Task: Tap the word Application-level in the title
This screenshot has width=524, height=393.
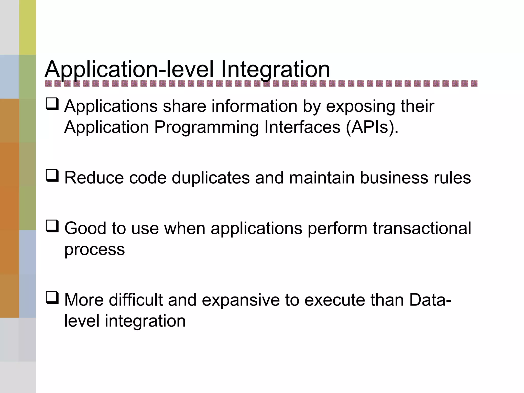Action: pos(129,70)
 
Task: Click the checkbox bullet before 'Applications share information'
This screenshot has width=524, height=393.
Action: pos(52,104)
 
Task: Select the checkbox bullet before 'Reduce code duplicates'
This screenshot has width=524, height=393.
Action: pos(52,176)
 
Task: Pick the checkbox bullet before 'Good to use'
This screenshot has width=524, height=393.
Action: pos(52,226)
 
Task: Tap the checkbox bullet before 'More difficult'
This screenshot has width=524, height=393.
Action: pos(52,298)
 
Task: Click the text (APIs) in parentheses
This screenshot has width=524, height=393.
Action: pos(372,127)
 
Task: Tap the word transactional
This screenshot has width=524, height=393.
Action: pos(422,228)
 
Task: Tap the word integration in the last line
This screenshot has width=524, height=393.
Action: pos(145,321)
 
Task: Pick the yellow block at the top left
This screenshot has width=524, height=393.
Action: pos(27,27)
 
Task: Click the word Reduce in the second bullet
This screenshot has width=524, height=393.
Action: pos(94,178)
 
